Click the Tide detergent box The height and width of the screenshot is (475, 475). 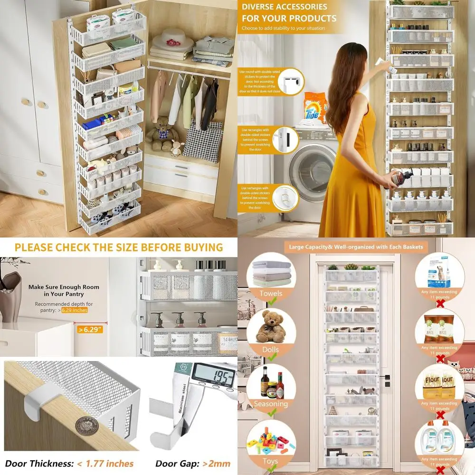[x=315, y=108]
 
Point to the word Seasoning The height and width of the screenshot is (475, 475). [x=270, y=404]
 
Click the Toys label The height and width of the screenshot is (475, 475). [x=270, y=461]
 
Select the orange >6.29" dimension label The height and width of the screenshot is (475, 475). [x=91, y=328]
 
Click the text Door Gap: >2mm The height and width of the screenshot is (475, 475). [x=193, y=463]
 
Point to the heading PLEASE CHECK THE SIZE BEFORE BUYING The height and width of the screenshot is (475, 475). [x=118, y=247]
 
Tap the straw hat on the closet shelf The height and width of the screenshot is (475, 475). [x=171, y=38]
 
